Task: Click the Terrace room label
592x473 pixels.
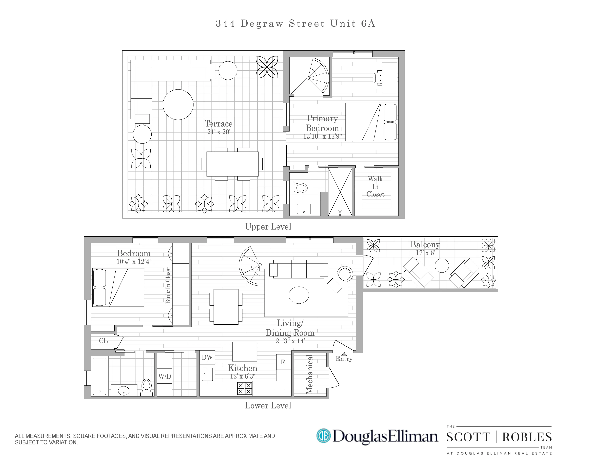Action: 218,123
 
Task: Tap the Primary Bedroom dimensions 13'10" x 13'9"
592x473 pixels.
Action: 322,136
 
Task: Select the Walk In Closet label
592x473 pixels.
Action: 375,187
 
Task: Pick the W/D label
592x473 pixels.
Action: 164,376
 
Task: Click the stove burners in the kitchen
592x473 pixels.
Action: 244,389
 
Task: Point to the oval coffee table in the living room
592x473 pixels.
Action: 299,295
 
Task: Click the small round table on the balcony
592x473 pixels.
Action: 442,265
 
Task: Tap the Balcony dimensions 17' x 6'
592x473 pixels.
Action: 425,253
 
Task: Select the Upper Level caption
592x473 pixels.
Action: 268,227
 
